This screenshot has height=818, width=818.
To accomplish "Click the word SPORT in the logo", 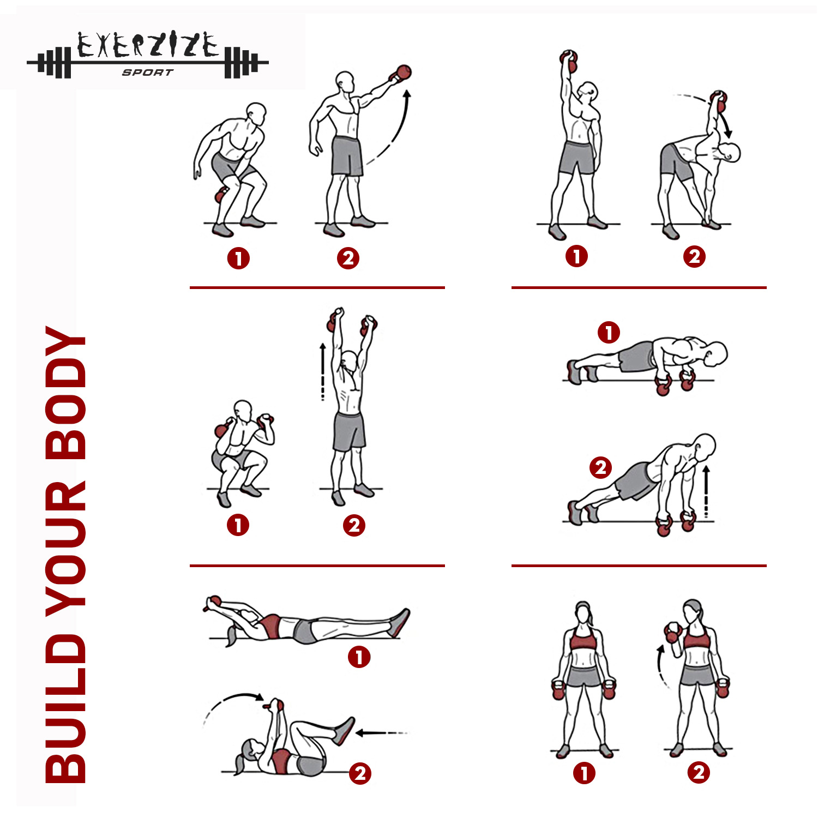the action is (x=147, y=73).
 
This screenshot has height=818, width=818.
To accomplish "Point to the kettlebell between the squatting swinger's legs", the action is (x=221, y=194).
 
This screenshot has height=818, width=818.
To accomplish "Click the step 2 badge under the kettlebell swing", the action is (x=348, y=258).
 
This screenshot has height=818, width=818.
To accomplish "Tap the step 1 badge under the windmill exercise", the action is (x=576, y=256).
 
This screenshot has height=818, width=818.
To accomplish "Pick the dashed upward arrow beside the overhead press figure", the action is (x=323, y=372).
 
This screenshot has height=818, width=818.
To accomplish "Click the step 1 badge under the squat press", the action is (x=238, y=525).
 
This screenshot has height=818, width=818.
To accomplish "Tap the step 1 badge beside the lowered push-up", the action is (x=609, y=333).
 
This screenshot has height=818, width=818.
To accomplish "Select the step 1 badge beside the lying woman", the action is (x=359, y=657).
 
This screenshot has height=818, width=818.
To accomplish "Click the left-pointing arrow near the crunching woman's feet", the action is (x=381, y=732).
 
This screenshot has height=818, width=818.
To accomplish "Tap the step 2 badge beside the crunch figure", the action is (x=360, y=773).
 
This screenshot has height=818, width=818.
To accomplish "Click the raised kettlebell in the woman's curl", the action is (x=673, y=633).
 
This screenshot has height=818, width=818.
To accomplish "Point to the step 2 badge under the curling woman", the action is (x=699, y=772).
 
